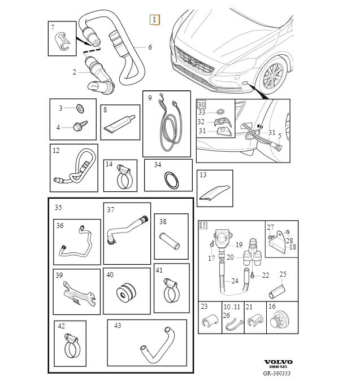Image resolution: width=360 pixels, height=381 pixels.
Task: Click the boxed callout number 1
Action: [x=154, y=20]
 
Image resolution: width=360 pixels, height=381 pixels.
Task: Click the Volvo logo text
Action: [x=279, y=362]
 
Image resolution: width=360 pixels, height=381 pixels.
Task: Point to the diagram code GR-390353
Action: [x=278, y=373]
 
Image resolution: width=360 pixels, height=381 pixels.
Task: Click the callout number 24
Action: [x=235, y=281]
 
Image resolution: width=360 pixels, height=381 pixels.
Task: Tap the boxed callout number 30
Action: [x=201, y=104]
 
